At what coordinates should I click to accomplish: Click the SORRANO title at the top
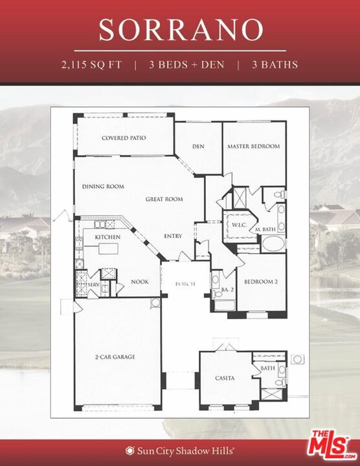point(181,30)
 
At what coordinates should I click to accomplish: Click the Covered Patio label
point(124,138)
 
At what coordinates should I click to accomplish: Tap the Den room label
point(198,146)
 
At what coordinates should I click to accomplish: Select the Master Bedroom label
point(253,146)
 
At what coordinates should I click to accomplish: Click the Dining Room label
point(102,186)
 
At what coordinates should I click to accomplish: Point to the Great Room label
point(164,199)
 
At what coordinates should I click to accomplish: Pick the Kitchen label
point(107,238)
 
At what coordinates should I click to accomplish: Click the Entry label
point(173,236)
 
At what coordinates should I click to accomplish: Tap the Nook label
point(140,282)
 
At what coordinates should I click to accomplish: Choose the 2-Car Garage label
point(115,357)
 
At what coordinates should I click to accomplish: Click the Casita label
point(225,378)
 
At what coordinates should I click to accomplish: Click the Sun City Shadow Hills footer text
point(180,450)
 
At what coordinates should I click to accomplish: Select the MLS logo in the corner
point(333,445)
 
